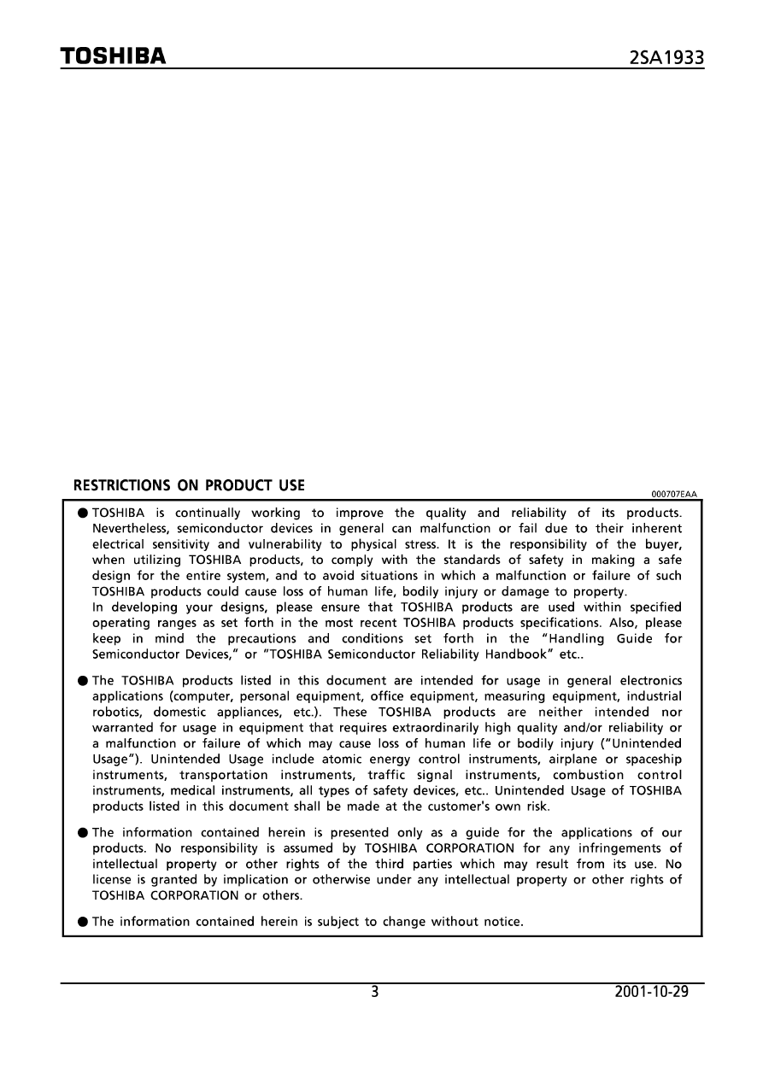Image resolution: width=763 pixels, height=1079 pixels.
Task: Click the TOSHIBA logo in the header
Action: [112, 56]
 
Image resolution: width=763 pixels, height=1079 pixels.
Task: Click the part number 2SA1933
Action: [666, 58]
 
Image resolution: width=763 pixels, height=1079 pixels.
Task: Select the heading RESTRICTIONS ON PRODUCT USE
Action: [189, 485]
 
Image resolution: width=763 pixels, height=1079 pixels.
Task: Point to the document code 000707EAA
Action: [674, 495]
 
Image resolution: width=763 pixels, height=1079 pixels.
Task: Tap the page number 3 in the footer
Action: [375, 993]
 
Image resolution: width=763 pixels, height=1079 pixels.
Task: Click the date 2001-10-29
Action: [651, 993]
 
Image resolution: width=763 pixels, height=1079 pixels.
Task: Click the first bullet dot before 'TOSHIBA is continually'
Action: [82, 513]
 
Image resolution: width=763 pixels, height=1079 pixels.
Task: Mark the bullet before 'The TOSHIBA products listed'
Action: [82, 681]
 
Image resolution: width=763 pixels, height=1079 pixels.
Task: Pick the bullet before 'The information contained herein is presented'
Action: [82, 833]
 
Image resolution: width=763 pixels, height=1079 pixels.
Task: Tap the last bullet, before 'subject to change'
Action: [82, 922]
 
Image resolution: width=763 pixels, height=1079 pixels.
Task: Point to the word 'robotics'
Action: [116, 712]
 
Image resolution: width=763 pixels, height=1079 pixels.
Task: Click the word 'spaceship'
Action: [652, 759]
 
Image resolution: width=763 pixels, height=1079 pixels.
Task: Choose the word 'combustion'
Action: [583, 775]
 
